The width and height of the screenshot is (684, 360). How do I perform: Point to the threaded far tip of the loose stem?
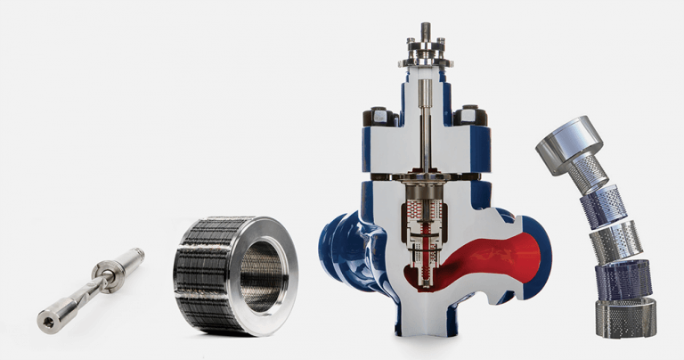[x=136, y=252]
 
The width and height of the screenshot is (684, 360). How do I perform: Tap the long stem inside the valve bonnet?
[x=425, y=134]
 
